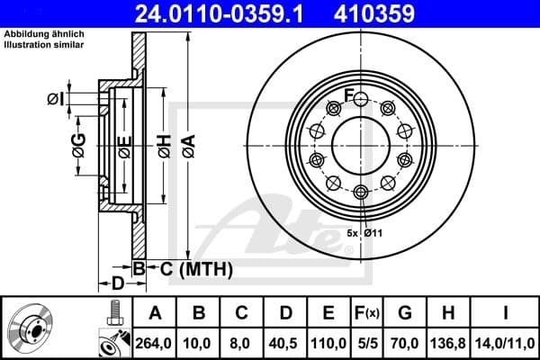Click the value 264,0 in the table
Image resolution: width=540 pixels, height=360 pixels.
[x=154, y=342]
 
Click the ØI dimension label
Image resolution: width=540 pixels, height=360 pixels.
[x=55, y=98]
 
